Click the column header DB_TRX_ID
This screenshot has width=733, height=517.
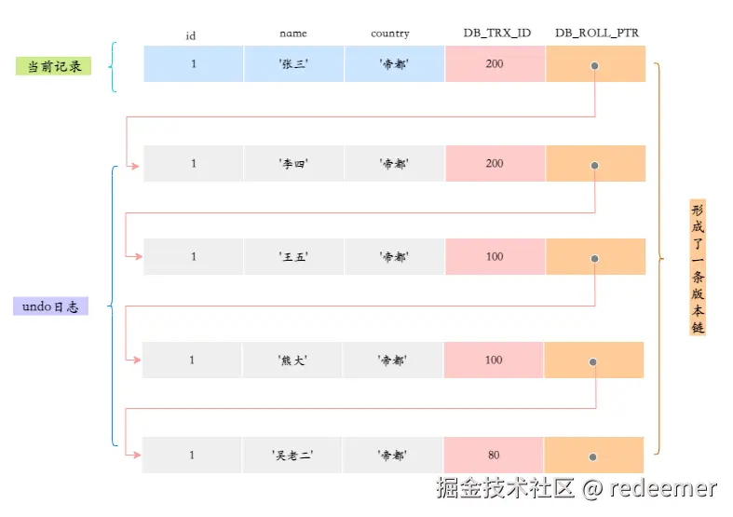(496, 34)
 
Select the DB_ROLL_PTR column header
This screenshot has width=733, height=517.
(596, 34)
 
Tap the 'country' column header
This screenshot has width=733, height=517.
(389, 34)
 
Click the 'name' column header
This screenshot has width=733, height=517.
(292, 34)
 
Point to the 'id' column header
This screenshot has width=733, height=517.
(191, 36)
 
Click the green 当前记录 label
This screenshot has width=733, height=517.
(53, 66)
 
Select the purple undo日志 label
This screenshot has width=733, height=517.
(51, 306)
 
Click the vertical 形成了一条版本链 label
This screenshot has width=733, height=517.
(698, 267)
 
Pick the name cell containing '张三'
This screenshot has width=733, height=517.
(294, 65)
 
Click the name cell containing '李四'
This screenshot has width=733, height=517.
(294, 164)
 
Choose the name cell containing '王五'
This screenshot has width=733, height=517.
(294, 257)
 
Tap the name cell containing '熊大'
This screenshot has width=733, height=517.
(292, 361)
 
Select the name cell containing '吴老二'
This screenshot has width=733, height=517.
(292, 456)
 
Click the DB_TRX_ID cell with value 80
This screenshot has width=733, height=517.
(494, 456)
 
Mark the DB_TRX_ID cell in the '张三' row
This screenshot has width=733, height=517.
(495, 65)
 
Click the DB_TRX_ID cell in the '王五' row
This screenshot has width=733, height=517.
(495, 257)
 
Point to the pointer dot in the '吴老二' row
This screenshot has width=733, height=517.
(592, 457)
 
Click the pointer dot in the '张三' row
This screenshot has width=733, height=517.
(594, 67)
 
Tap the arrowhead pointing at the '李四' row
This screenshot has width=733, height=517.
(136, 167)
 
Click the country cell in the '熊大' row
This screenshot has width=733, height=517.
(392, 361)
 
